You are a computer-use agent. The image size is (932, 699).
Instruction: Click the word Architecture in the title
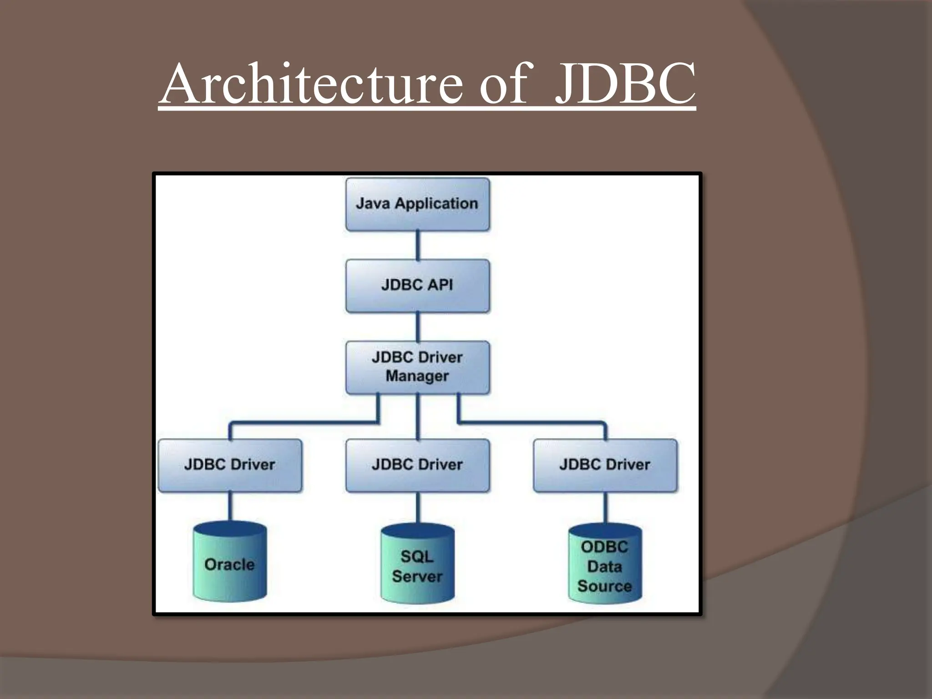312,85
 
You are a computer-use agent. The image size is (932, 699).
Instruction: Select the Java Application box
417,204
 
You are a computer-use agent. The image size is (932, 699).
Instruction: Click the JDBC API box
417,285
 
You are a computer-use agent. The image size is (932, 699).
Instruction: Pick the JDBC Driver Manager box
417,367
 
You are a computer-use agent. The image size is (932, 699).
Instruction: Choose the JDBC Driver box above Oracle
230,465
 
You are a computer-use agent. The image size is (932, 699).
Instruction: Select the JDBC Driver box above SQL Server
417,465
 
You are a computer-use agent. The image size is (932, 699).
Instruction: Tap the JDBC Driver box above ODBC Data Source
605,465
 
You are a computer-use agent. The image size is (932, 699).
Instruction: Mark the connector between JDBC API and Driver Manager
418,326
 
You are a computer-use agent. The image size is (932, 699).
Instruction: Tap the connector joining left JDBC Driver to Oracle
230,506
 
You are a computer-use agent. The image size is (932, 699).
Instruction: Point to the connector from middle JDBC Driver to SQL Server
418,507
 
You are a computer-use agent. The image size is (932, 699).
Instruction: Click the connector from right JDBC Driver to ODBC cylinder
605,507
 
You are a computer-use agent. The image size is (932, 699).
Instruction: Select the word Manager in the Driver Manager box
417,376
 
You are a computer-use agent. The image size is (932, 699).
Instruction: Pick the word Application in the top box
436,204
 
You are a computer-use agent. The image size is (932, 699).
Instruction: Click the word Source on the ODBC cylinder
605,586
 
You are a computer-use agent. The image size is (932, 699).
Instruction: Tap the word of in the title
503,85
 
